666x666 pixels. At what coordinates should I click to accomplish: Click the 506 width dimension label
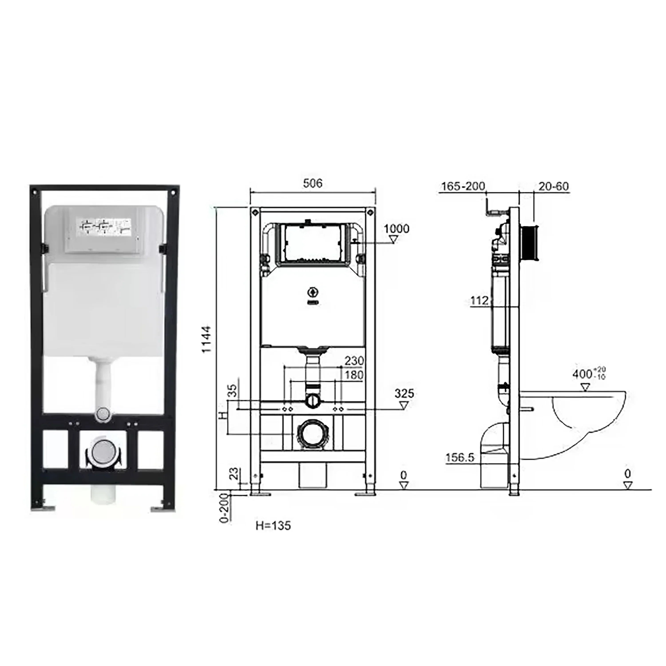pyautogui.click(x=313, y=183)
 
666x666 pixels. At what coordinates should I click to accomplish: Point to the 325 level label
pyautogui.click(x=404, y=393)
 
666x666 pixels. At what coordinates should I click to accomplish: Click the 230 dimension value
pyautogui.click(x=354, y=361)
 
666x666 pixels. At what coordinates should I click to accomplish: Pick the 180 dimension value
pyautogui.click(x=354, y=375)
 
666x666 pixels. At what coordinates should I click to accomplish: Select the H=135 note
pyautogui.click(x=273, y=526)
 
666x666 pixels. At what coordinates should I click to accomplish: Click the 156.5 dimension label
pyautogui.click(x=460, y=458)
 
